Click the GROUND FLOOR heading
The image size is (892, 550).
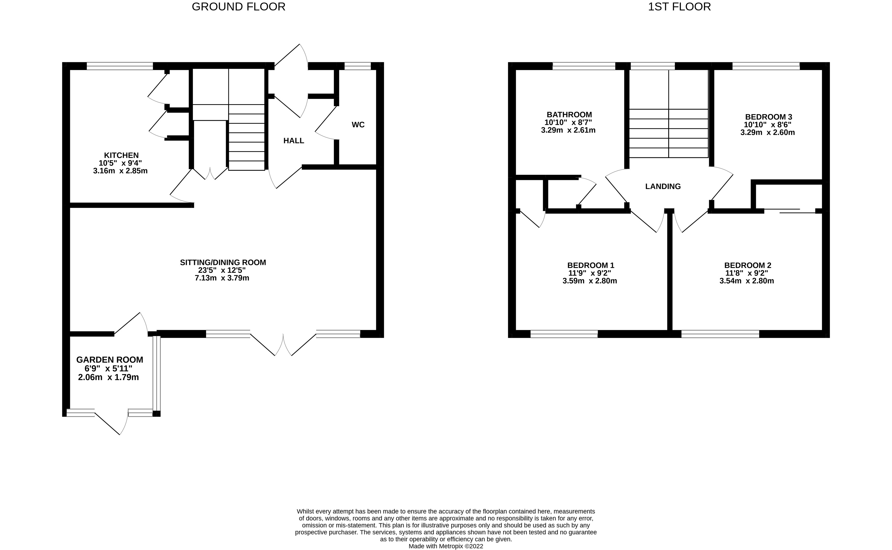tap(238, 7)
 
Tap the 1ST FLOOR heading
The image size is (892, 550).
tap(679, 7)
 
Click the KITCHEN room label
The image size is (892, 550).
tap(121, 155)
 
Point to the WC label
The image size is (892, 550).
tap(358, 125)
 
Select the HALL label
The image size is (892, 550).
tap(293, 141)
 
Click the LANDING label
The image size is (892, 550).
tap(663, 187)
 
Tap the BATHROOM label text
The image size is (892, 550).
tap(569, 115)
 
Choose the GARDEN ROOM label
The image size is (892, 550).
tap(110, 360)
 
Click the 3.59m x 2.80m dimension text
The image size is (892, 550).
tap(590, 281)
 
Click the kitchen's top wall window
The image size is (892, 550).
tap(120, 66)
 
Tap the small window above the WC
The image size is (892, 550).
tap(357, 66)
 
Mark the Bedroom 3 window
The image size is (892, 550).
tap(766, 66)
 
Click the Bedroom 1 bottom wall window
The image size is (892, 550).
tap(564, 334)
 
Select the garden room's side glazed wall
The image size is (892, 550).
tap(156, 373)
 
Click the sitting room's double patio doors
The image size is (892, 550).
tap(283, 344)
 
